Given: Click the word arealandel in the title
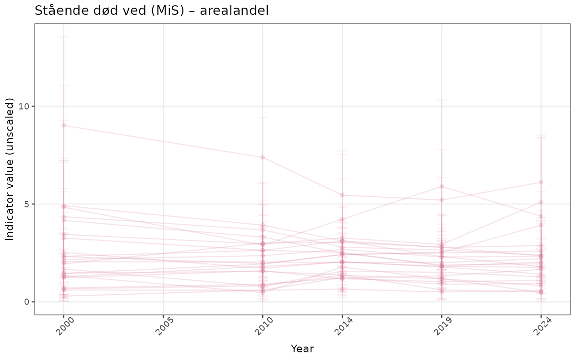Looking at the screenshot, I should [x=238, y=11].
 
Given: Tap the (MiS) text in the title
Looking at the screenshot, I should [x=167, y=11].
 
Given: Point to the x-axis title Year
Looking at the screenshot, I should [x=302, y=348].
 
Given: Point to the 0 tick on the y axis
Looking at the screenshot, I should [x=27, y=302].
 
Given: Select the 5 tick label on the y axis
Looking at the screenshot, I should [x=27, y=204].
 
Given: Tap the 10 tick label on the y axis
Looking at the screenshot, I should [x=24, y=106].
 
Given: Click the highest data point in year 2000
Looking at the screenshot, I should [x=64, y=125].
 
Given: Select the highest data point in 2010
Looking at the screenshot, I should [x=263, y=157].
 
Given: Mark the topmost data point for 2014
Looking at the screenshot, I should [x=342, y=195].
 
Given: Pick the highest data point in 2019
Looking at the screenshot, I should [x=442, y=186].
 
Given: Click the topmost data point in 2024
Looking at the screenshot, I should [x=541, y=182].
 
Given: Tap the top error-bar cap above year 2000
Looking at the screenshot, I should [x=64, y=37].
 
